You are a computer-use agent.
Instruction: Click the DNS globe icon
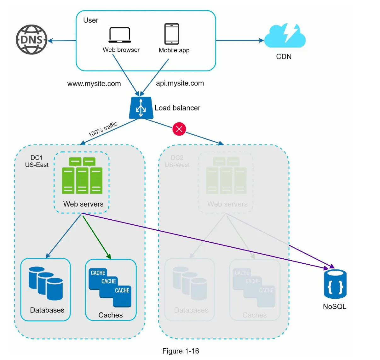click(32, 40)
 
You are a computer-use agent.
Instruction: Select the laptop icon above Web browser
click(119, 35)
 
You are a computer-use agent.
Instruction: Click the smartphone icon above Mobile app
click(172, 34)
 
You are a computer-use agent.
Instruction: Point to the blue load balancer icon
click(141, 108)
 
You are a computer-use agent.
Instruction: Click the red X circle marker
click(179, 129)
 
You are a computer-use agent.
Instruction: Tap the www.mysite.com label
click(94, 84)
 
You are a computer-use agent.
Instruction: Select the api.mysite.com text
click(180, 83)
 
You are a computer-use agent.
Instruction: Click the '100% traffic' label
click(103, 129)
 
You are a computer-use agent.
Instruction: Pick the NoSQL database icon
click(335, 284)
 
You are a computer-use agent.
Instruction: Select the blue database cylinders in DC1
click(46, 283)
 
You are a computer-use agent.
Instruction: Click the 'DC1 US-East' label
click(37, 161)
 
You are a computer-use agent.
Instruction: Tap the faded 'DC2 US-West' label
click(177, 161)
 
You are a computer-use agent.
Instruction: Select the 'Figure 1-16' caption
click(181, 351)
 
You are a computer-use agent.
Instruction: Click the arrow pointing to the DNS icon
click(62, 41)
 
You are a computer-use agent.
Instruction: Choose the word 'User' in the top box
click(91, 20)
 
